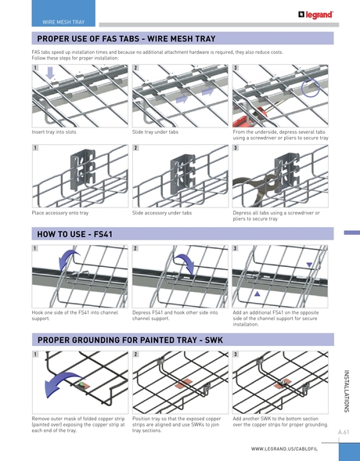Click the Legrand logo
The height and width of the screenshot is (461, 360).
[x=315, y=14]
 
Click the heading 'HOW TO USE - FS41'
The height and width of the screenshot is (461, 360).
[x=75, y=234]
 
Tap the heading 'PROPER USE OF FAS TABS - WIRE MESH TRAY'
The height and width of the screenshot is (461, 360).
[x=126, y=38]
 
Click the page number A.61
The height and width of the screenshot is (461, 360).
[x=344, y=432]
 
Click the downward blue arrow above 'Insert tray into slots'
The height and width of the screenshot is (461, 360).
[x=51, y=74]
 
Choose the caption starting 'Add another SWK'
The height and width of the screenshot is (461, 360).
[x=280, y=421]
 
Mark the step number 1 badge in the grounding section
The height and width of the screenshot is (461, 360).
[x=34, y=355]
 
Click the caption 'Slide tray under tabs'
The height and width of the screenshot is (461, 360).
[x=155, y=132]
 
